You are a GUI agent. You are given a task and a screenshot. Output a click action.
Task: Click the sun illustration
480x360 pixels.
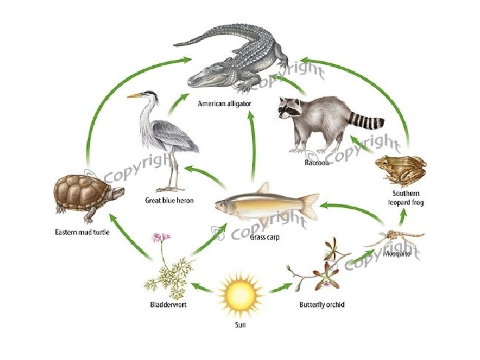239,297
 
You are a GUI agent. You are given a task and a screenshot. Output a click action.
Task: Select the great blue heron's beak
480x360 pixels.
135,96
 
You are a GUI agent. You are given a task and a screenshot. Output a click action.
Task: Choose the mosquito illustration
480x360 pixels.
397,237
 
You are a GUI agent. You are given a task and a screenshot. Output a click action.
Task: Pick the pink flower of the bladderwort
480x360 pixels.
158,237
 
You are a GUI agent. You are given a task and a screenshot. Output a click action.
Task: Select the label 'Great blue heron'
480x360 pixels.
169,200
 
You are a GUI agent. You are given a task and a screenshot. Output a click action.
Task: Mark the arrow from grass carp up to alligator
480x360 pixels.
252,147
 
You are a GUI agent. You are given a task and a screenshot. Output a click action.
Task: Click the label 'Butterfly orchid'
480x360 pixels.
321,306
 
